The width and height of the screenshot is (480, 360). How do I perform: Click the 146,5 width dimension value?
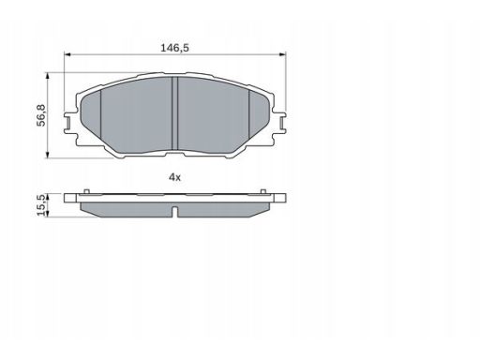pos(174,48)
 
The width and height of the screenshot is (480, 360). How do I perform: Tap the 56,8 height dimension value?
pos(41,115)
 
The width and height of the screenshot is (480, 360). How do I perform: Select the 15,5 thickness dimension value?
pos(41,205)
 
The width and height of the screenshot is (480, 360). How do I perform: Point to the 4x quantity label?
pos(174,177)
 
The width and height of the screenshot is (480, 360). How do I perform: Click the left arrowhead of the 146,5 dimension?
pos(67,54)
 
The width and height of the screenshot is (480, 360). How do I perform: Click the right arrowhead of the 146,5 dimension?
pos(282,54)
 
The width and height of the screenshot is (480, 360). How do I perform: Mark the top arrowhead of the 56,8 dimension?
pos(48,76)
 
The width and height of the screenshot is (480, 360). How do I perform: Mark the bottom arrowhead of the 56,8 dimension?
pos(48,155)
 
